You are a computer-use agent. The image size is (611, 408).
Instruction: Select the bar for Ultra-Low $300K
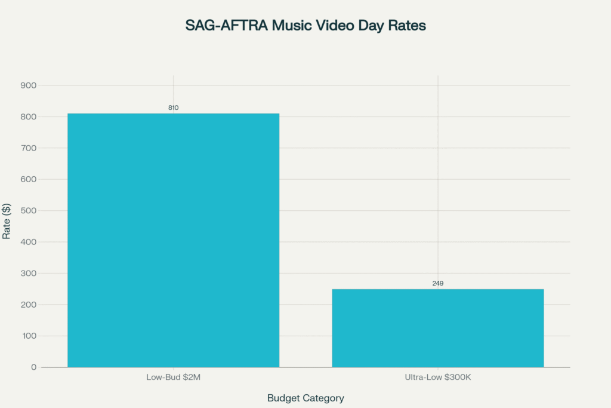tap(437, 328)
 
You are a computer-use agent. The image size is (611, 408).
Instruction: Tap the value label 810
tap(173, 108)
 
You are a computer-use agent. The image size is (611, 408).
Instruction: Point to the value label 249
tap(438, 283)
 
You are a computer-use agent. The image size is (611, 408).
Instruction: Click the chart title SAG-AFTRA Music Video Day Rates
tap(305, 26)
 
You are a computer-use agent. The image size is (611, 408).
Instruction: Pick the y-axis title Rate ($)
tap(7, 220)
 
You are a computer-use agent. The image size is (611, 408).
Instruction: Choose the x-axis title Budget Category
tap(305, 398)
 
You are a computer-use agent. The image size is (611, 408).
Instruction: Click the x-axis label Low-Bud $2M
tap(173, 378)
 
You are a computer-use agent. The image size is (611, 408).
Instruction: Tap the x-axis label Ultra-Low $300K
tap(438, 378)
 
